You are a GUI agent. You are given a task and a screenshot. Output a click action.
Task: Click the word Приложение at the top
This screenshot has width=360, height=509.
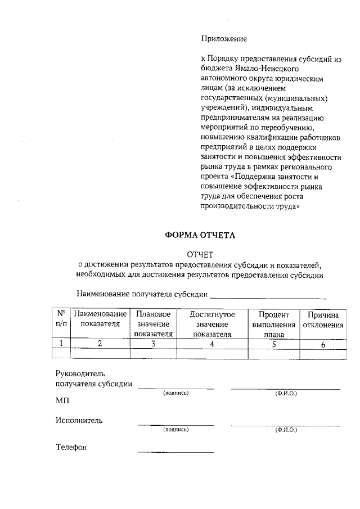[224, 39]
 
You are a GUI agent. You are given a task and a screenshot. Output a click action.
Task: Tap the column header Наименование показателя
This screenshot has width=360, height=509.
[100, 319]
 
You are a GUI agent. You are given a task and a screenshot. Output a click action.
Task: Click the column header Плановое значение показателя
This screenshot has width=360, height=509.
[152, 323]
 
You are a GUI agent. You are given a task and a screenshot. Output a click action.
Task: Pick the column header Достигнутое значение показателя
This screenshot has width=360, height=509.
[211, 323]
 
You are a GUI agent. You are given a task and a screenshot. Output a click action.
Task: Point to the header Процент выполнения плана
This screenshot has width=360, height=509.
[273, 323]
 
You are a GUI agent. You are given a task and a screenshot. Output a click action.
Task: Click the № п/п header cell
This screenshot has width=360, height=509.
[61, 319]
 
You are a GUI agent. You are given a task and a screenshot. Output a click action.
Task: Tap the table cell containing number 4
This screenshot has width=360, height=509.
[211, 344]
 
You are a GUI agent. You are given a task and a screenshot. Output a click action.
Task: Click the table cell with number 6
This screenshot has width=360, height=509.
[323, 344]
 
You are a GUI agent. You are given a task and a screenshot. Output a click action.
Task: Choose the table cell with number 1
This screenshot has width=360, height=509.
[61, 344]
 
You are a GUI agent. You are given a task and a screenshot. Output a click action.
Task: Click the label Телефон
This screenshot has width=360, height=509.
[71, 448]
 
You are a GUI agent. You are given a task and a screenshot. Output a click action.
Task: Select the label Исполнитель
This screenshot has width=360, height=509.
[79, 420]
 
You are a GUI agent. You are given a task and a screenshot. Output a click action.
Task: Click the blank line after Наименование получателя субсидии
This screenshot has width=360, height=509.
[268, 296]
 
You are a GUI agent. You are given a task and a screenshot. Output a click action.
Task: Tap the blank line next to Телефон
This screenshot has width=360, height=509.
[175, 451]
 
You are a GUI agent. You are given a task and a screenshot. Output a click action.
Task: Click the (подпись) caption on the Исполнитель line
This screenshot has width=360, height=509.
[175, 430]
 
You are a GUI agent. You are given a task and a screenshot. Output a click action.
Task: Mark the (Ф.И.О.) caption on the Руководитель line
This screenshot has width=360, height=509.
[286, 393]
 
